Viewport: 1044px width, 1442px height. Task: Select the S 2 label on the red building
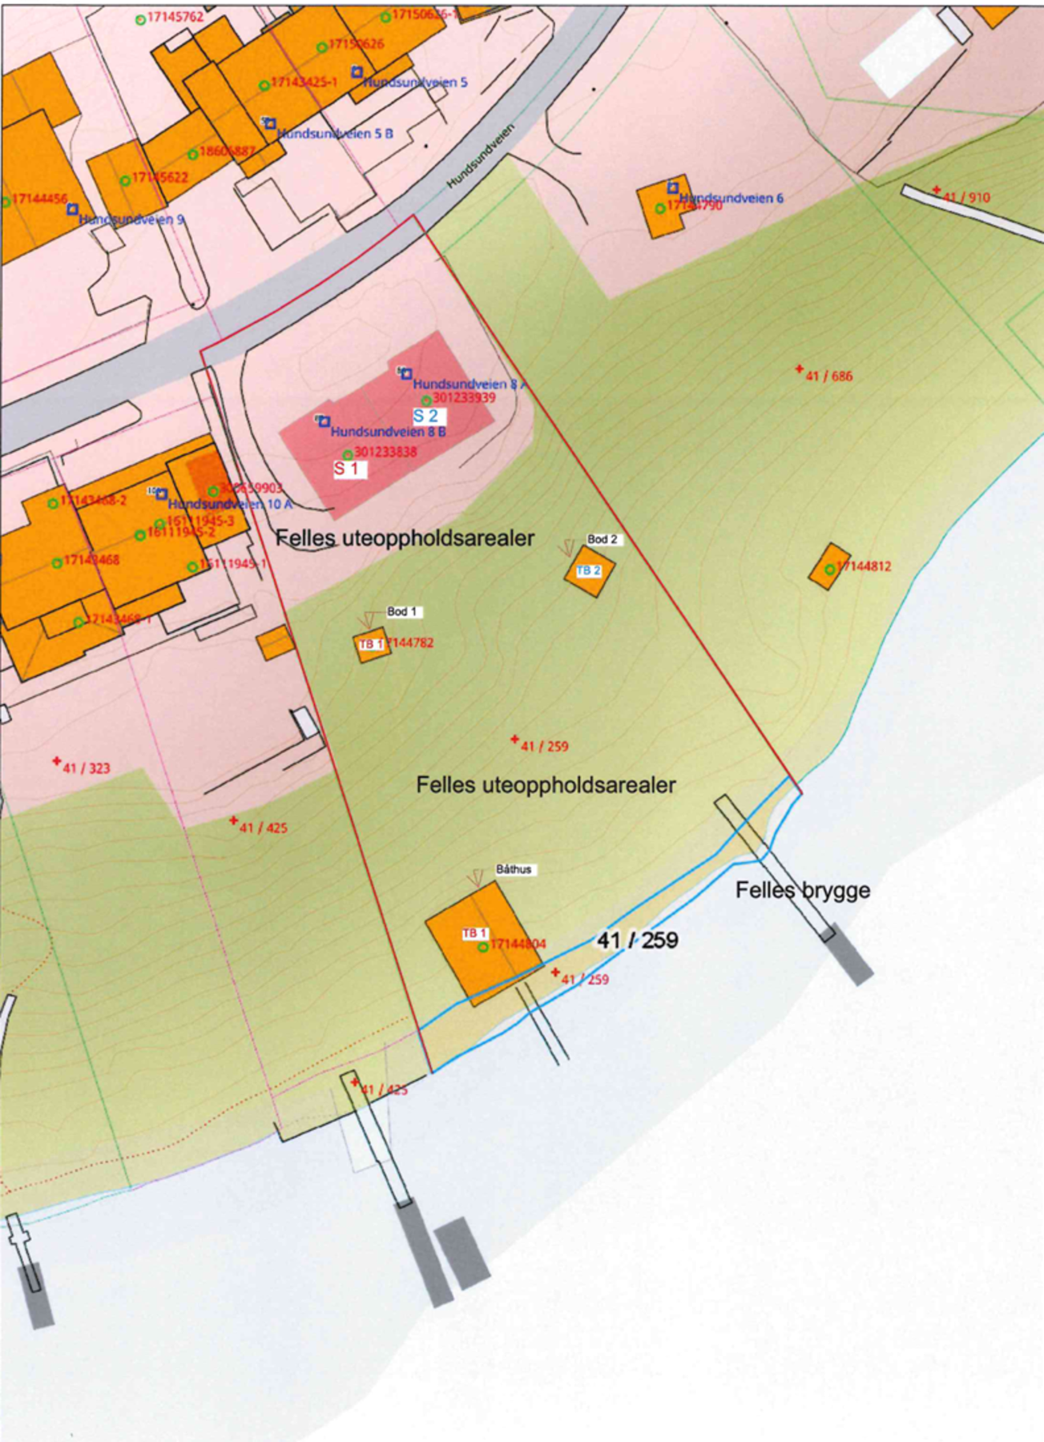(x=427, y=416)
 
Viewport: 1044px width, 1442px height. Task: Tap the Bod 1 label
(x=402, y=612)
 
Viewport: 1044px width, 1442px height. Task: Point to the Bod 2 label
(x=603, y=540)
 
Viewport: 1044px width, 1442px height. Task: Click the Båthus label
(x=514, y=869)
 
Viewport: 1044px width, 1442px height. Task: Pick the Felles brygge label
(x=803, y=890)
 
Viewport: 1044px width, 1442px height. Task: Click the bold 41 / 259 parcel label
(x=638, y=940)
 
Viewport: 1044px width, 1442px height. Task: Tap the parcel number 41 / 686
(x=828, y=376)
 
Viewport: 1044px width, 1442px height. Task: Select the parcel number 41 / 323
(x=86, y=768)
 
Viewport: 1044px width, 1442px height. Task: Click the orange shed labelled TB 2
(x=590, y=570)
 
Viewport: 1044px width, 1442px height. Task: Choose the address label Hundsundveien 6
(x=731, y=198)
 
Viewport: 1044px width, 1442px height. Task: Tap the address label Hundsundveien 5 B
(x=335, y=134)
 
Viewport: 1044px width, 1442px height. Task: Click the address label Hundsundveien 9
(x=131, y=220)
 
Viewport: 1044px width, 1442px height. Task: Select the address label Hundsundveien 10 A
(x=230, y=505)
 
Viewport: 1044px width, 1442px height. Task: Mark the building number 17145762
(x=175, y=17)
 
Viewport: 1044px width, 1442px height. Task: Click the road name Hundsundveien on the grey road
(x=481, y=155)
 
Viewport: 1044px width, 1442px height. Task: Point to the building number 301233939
(x=464, y=398)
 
